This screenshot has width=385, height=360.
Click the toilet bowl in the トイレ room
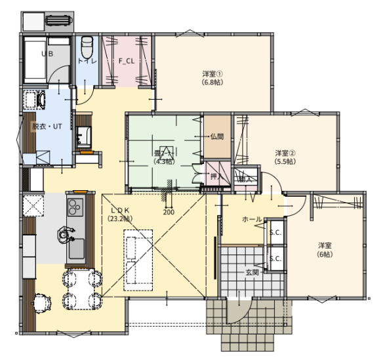point(87,48)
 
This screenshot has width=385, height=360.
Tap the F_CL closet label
point(127,61)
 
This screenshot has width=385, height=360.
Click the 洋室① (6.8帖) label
point(211,78)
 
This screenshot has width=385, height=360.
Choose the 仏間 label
point(217,137)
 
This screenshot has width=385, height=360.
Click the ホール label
point(253,219)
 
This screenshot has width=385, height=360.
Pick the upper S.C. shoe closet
point(275,233)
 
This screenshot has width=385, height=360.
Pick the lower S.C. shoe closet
point(275,258)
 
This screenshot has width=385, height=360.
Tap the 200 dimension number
point(169,212)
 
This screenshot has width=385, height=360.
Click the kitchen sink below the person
point(76,249)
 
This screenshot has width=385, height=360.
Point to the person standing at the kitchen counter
point(65,233)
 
